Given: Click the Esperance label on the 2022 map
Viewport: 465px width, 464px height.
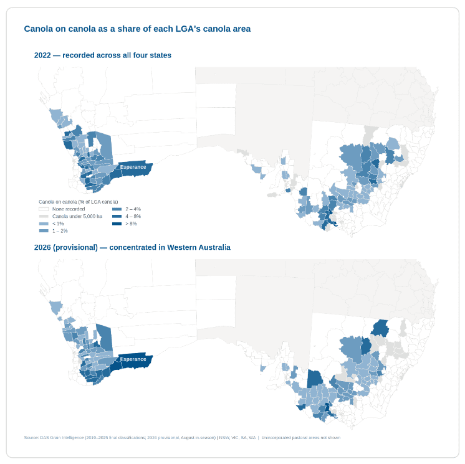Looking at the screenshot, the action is (133, 167).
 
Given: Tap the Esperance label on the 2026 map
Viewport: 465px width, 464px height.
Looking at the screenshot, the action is (133, 359).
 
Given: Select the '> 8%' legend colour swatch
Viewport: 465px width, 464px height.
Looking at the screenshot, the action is (117, 224).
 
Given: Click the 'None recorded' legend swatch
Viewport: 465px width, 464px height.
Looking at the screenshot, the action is (44, 209).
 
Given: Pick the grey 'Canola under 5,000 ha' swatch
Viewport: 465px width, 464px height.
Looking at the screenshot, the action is (44, 216).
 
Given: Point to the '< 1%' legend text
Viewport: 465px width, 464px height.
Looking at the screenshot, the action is (58, 224).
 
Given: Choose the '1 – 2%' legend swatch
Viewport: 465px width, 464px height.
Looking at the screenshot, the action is (44, 231).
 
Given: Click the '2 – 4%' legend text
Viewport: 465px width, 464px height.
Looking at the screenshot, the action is (133, 209).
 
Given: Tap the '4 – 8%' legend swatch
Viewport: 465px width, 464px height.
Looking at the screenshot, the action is (117, 216).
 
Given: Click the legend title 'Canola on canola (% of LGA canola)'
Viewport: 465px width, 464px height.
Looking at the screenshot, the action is (79, 202).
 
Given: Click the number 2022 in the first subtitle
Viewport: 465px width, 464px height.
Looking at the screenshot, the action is (42, 55).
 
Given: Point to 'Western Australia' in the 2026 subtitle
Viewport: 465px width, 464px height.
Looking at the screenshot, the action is (199, 247).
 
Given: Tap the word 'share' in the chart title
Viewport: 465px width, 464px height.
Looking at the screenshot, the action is (129, 29).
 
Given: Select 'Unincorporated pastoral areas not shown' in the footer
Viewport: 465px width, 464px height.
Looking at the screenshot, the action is (301, 438).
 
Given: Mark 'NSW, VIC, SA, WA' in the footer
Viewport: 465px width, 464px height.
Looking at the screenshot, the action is (237, 438).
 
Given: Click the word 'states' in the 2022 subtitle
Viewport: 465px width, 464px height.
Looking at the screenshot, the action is (160, 55).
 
